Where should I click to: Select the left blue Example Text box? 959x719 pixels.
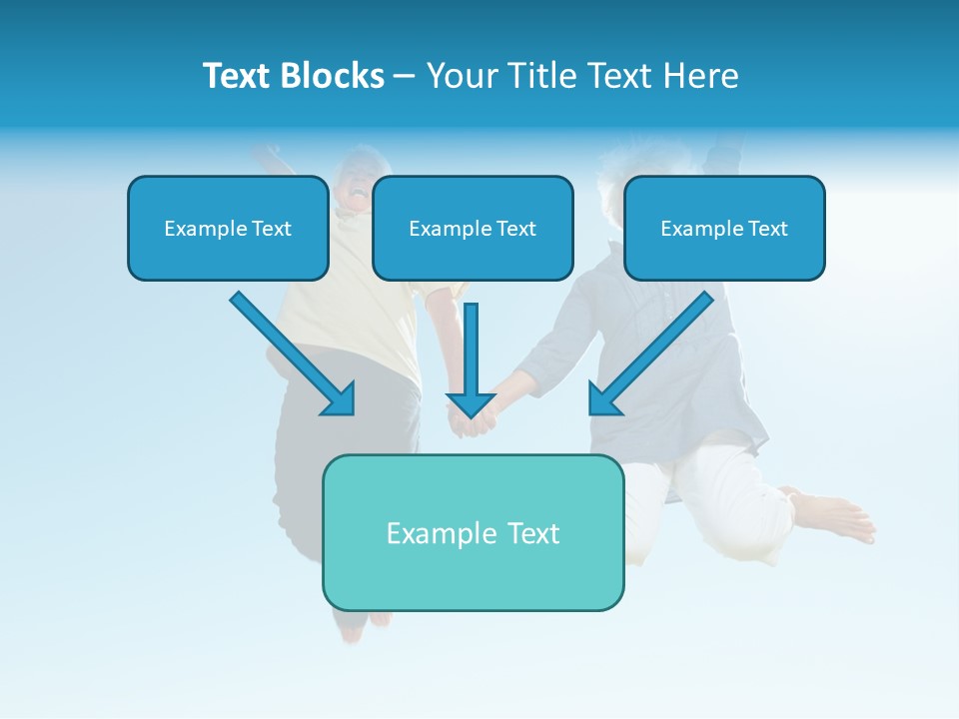click(x=228, y=229)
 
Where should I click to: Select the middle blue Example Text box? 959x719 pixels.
click(x=473, y=229)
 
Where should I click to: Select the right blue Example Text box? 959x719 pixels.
click(x=724, y=229)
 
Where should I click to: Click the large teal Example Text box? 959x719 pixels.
click(x=473, y=532)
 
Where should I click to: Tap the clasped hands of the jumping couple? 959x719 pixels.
click(x=473, y=425)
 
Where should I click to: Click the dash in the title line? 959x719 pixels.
click(x=405, y=76)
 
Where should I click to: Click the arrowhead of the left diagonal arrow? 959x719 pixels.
click(x=340, y=399)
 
